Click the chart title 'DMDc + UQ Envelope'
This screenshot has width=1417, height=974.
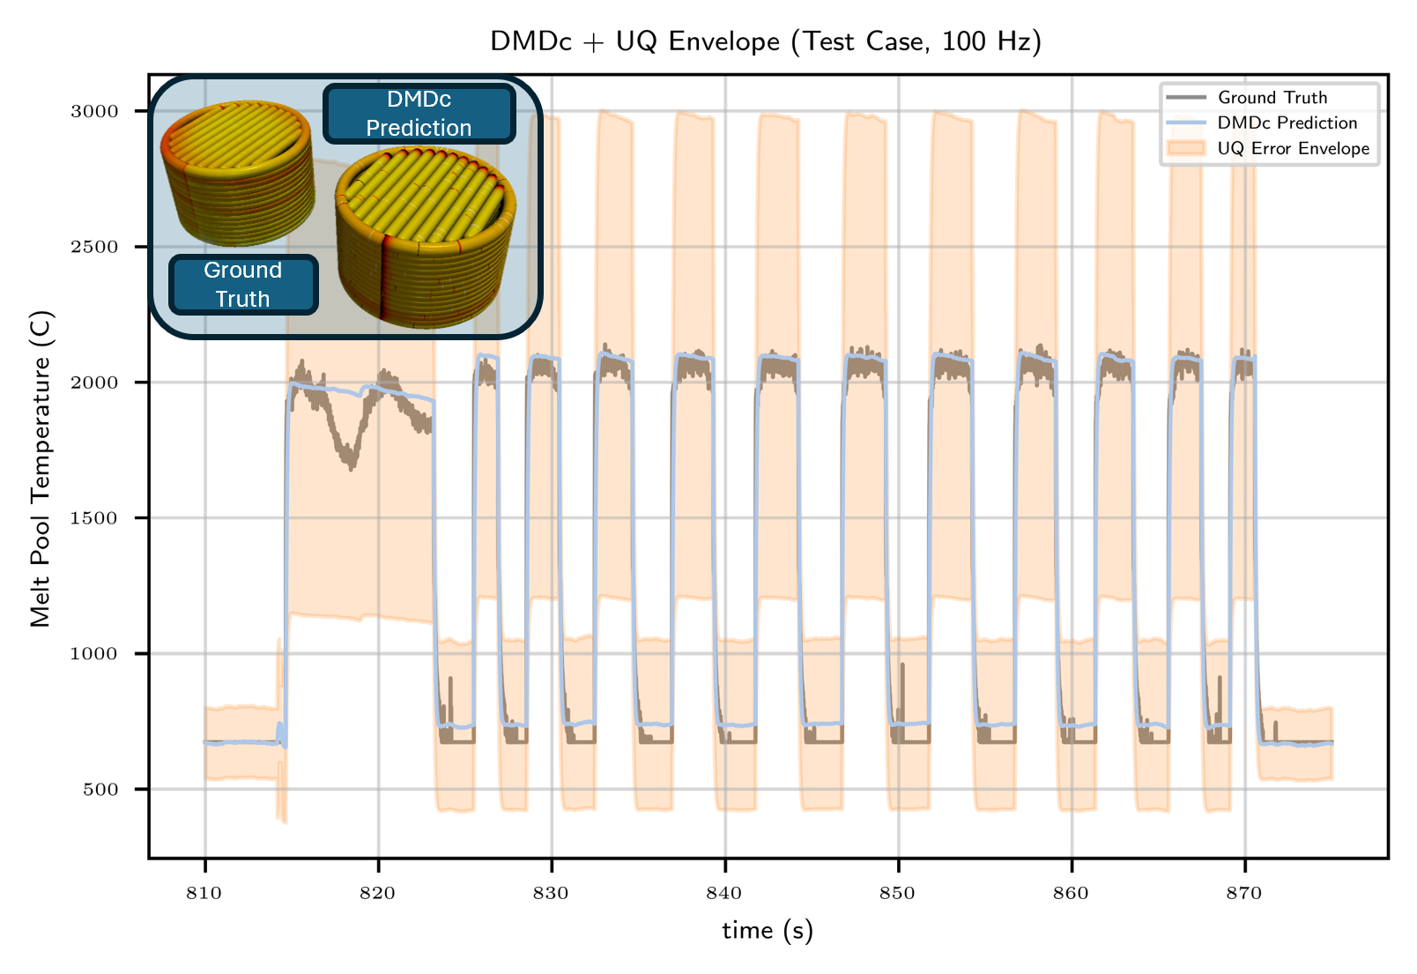(x=765, y=41)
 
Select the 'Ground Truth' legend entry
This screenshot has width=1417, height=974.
(x=1272, y=98)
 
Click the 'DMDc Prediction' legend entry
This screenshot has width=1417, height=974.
(x=1287, y=123)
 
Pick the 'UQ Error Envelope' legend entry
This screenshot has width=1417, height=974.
(x=1293, y=149)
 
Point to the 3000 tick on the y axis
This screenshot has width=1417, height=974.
(x=93, y=111)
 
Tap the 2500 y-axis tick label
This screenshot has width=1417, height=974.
(x=93, y=247)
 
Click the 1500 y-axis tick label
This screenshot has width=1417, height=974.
(x=93, y=518)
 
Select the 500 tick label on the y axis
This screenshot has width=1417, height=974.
(x=100, y=790)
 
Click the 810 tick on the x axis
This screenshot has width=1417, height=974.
(x=204, y=894)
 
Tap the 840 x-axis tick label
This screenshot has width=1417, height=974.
(x=724, y=894)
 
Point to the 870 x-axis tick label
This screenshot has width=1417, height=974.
(x=1244, y=894)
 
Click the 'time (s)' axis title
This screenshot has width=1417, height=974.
(x=768, y=931)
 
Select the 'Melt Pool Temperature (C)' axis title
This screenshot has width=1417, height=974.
(x=41, y=468)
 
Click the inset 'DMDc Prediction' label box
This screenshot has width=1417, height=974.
(x=419, y=114)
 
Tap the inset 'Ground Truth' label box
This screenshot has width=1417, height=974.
(x=242, y=285)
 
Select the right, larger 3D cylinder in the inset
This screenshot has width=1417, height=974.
(x=425, y=236)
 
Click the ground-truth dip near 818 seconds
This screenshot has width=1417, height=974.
(x=351, y=458)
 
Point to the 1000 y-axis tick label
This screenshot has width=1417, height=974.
(x=93, y=654)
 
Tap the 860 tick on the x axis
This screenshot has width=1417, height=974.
(x=1071, y=894)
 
